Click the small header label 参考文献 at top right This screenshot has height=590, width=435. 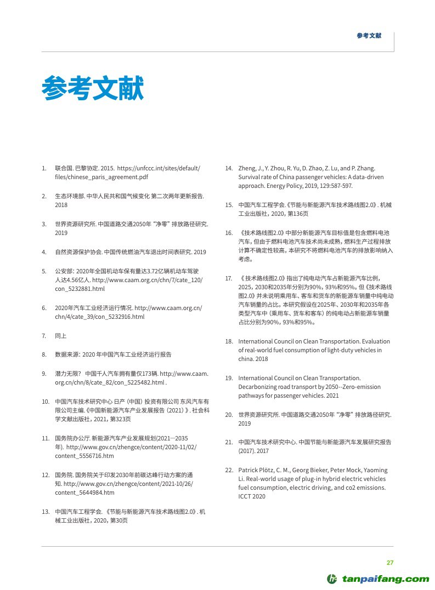pos(368,36)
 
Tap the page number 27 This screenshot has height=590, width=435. pos(390,563)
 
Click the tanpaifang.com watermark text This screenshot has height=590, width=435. pos(386,579)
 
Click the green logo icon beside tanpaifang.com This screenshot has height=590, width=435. pos(332,579)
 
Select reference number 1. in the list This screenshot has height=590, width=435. pos(44,168)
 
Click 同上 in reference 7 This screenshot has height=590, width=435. pos(61,335)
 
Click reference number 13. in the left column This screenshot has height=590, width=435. pos(46,512)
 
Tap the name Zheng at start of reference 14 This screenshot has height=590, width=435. pos(247,168)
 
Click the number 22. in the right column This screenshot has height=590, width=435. pos(229,470)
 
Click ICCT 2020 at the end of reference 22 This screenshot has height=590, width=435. pos(252,496)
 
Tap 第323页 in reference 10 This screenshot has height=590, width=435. pos(120,419)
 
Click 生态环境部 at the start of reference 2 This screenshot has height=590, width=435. pos(66,196)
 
